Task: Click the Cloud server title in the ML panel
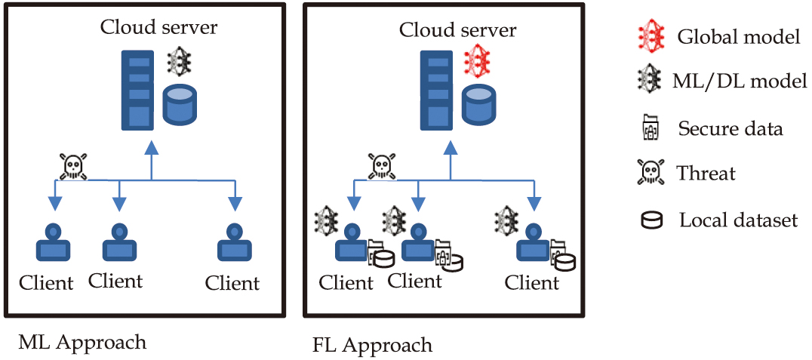click(x=159, y=28)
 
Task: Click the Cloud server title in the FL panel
click(x=457, y=30)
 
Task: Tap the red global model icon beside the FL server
click(x=477, y=60)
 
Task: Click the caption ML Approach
click(x=82, y=342)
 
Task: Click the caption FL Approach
click(x=372, y=346)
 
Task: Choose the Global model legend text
click(x=738, y=36)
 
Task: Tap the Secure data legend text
click(x=730, y=128)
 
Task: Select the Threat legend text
click(x=706, y=174)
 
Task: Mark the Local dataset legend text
click(x=738, y=220)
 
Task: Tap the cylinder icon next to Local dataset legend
click(x=651, y=221)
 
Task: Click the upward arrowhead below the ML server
click(x=152, y=146)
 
